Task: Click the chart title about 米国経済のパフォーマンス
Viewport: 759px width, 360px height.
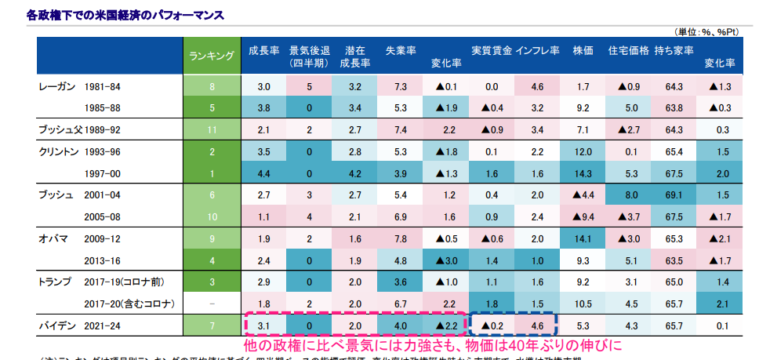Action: tap(114, 15)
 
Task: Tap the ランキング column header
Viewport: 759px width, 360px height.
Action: tap(211, 56)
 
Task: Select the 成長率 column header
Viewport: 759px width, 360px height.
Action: tap(264, 49)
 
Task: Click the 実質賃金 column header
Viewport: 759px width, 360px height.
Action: tap(492, 49)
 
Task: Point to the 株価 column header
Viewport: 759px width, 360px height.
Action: tap(583, 49)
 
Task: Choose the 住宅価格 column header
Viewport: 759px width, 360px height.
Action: tap(628, 49)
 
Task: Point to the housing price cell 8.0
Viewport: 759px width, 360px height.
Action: tap(628, 194)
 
